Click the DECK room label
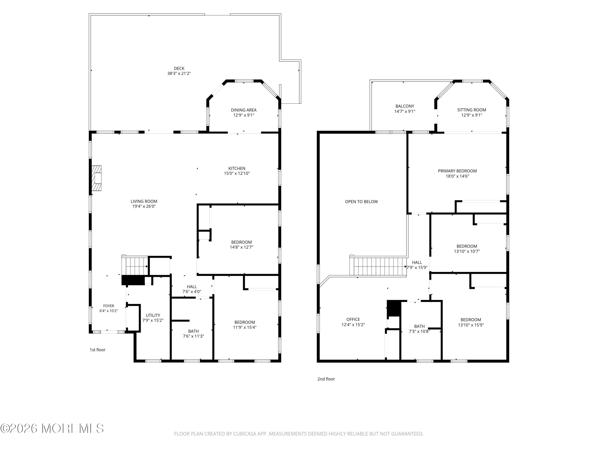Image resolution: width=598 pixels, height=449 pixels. (179, 68)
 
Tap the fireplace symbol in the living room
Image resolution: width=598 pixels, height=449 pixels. (96, 178)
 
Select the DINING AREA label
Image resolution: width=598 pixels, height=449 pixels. (244, 110)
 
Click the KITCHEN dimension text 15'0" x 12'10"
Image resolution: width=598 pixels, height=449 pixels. (237, 173)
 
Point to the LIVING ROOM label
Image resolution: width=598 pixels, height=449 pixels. (144, 201)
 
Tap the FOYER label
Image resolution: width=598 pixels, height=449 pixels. (109, 306)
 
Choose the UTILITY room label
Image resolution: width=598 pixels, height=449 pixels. (153, 315)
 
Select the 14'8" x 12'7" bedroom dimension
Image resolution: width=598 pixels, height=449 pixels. (241, 247)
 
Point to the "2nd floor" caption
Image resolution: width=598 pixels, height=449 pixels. (326, 379)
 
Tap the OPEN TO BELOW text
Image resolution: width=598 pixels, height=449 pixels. (361, 202)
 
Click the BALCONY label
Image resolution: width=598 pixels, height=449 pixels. (405, 106)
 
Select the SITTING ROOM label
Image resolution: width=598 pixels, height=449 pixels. (472, 110)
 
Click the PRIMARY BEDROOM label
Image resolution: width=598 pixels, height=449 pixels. (457, 171)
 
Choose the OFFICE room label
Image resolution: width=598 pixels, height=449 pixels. (353, 319)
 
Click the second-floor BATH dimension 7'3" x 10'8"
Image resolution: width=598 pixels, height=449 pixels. (419, 331)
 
